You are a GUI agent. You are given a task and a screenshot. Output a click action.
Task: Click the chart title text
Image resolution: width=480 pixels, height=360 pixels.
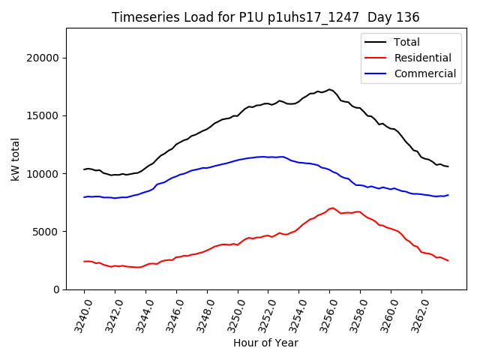click(265, 17)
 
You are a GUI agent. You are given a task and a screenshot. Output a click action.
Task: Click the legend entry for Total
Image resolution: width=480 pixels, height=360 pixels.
click(406, 42)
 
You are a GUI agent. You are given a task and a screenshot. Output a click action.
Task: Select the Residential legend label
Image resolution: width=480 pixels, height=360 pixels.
click(422, 58)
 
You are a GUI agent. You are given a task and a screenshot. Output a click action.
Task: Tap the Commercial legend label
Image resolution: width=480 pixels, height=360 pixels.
click(424, 73)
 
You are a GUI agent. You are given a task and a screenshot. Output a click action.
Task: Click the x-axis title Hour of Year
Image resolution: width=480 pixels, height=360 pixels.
click(265, 343)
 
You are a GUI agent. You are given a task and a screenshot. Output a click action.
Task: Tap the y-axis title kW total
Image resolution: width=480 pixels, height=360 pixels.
click(15, 158)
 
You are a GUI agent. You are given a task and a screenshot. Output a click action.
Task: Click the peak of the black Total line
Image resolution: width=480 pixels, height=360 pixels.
click(329, 89)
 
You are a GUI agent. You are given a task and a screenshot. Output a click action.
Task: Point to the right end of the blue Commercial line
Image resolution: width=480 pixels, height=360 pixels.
click(448, 195)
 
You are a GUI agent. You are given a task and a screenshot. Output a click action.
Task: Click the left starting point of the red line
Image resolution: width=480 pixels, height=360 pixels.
click(84, 261)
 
